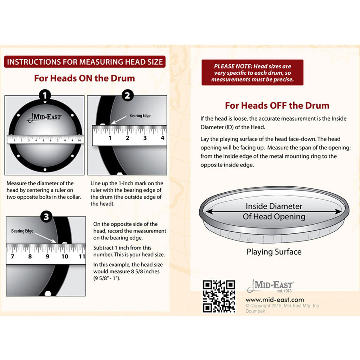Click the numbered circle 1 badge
(x=45, y=95)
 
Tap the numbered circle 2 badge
(x=127, y=95)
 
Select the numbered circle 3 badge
(x=46, y=217)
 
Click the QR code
(x=219, y=296)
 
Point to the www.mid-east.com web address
(x=275, y=300)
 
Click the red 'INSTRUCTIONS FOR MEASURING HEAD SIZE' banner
(x=85, y=62)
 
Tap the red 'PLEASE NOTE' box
(x=252, y=72)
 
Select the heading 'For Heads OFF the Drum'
(x=277, y=105)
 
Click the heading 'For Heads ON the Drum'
(x=84, y=78)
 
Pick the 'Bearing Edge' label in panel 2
(x=140, y=115)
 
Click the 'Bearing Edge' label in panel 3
(x=22, y=231)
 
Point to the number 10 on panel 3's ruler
(x=65, y=256)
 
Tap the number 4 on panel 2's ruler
(x=162, y=138)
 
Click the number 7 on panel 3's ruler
(x=12, y=256)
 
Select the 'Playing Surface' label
(x=274, y=252)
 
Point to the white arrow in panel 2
(x=118, y=120)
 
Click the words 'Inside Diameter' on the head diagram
(x=274, y=206)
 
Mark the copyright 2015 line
(x=283, y=306)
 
